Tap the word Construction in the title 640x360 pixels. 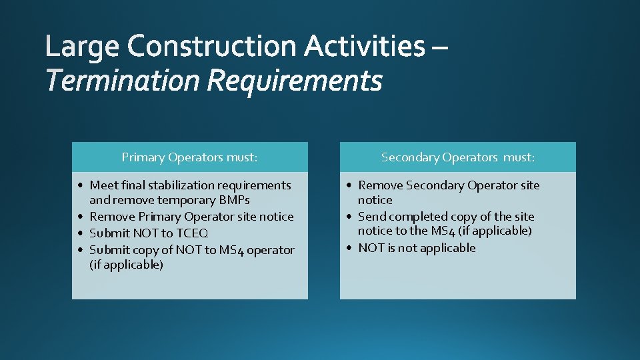pos(212,47)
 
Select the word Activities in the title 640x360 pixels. pos(364,47)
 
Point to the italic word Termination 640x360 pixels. pos(123,82)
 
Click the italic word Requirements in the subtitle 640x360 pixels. pos(295,82)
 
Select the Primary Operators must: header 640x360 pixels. pos(189,157)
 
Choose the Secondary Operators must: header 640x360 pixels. pos(458,157)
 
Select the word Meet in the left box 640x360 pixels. pos(103,185)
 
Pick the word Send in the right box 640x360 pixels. pos(372,217)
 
